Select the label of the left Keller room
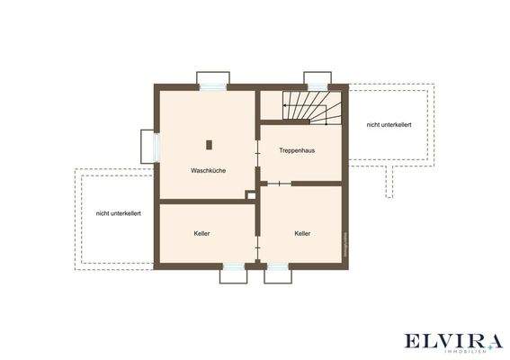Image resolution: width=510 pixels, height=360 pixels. [201, 234]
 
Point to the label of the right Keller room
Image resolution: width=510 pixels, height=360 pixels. [302, 234]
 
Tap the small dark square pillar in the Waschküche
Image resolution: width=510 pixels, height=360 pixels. [209, 144]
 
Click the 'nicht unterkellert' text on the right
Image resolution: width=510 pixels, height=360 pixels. [389, 125]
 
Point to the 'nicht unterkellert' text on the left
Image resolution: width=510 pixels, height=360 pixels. [118, 213]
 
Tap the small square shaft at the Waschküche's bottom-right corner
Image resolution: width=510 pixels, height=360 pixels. [251, 193]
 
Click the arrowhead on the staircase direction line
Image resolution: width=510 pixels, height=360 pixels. [284, 105]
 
